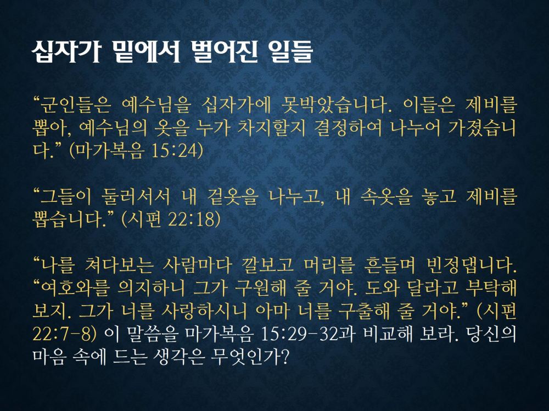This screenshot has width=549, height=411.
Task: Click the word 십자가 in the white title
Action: point(67,53)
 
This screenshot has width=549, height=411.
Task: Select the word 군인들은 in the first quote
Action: point(75,105)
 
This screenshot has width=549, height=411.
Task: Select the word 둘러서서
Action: point(135,197)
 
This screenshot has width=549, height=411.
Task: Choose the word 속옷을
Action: point(386,197)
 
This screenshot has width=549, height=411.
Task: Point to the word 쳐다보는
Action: point(119,266)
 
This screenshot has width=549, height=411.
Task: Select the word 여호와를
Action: point(75,289)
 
